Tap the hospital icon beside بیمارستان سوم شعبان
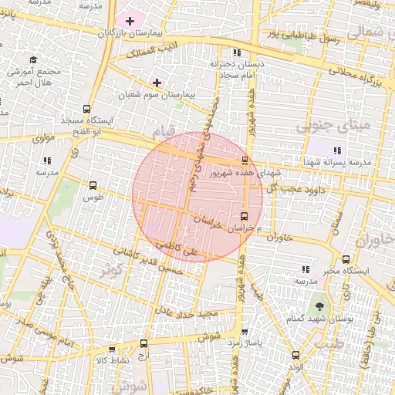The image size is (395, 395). pos(157,82)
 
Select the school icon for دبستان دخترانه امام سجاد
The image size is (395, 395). pos(237,52)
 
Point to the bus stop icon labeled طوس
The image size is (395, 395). pos(93,185)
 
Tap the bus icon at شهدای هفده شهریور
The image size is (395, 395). pos(245,160)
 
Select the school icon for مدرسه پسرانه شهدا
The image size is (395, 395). pos(336,150)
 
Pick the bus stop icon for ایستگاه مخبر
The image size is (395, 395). pos(345,260)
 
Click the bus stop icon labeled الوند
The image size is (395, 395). pos(296,355)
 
